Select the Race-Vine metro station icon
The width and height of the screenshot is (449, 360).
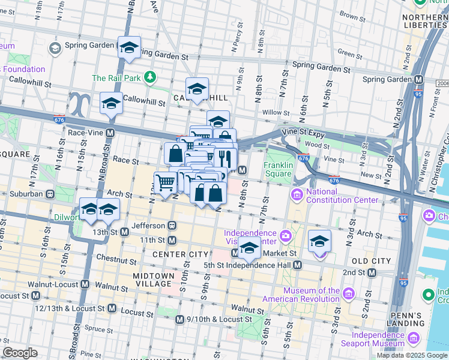(x=110, y=133)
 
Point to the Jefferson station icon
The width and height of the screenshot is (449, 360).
(x=172, y=226)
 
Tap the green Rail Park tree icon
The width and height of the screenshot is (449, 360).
(x=149, y=78)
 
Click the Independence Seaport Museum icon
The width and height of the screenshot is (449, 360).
(x=412, y=340)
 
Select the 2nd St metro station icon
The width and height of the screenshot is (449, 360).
(x=372, y=272)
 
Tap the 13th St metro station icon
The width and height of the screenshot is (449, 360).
(x=125, y=232)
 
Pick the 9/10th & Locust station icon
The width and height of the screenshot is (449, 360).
(x=179, y=320)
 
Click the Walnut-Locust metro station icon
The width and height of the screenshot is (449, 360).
(x=85, y=284)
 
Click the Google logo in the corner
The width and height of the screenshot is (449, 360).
(x=20, y=353)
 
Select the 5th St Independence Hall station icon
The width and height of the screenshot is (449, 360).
(x=297, y=265)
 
